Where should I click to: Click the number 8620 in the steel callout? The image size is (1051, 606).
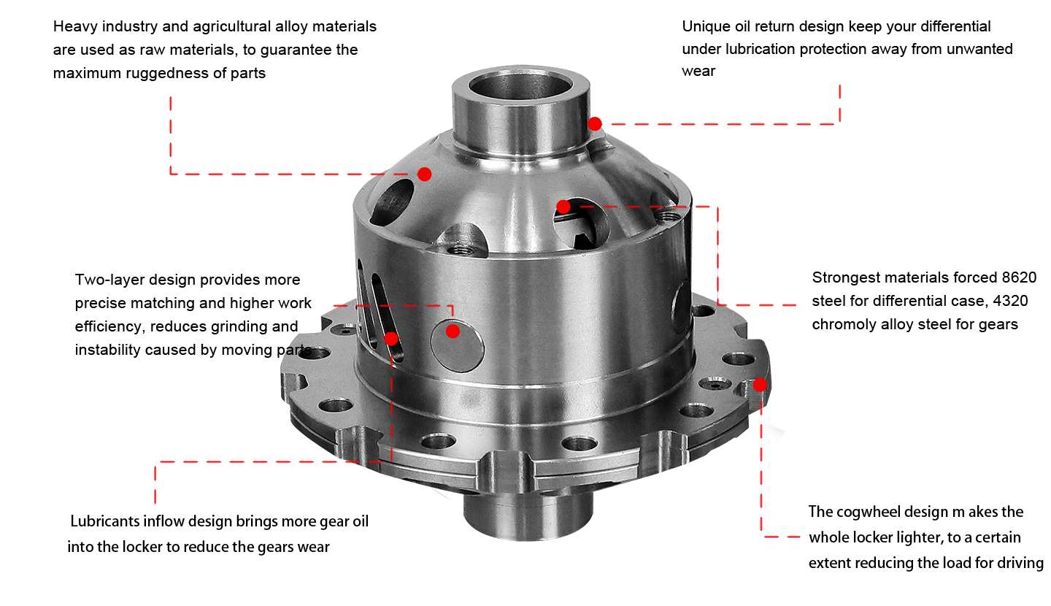tap(1019, 277)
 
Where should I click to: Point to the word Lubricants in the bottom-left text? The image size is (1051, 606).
tap(104, 521)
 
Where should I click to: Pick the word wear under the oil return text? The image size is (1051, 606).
tap(698, 72)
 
